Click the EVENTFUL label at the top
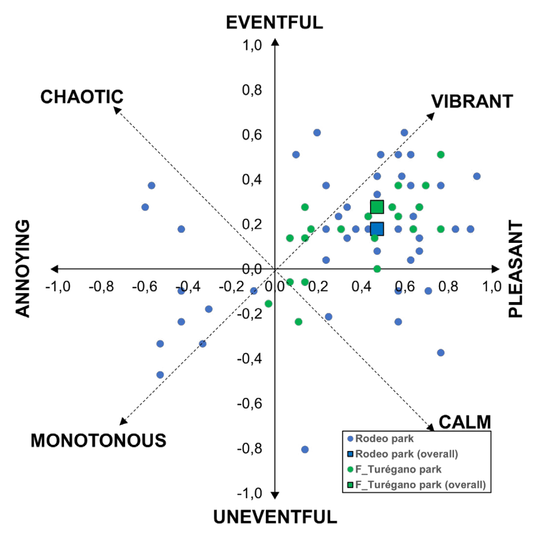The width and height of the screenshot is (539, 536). pyautogui.click(x=274, y=22)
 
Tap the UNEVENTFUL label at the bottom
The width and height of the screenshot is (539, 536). pyautogui.click(x=274, y=516)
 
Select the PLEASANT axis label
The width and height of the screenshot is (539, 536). pyautogui.click(x=516, y=269)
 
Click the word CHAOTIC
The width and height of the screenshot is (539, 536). pyautogui.click(x=81, y=96)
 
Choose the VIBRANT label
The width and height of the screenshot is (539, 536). pyautogui.click(x=472, y=102)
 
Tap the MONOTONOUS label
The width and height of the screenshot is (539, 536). pyautogui.click(x=98, y=440)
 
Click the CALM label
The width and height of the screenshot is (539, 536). pyautogui.click(x=465, y=421)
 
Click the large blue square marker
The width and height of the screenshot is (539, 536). pyautogui.click(x=377, y=229)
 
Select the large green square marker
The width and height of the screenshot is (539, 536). pyautogui.click(x=377, y=207)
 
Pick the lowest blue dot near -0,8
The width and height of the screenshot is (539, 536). pyautogui.click(x=305, y=449)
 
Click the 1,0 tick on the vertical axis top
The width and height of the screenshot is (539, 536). pyautogui.click(x=254, y=45)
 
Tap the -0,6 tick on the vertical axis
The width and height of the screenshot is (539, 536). pyautogui.click(x=252, y=403)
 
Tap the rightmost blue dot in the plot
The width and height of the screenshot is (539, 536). pyautogui.click(x=477, y=176)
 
